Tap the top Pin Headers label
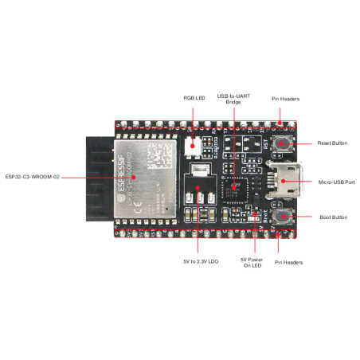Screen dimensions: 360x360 [285, 99]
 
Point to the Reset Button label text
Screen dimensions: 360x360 [332, 143]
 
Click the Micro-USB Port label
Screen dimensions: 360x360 [336, 182]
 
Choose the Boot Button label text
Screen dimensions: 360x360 [334, 217]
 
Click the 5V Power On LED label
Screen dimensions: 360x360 [252, 263]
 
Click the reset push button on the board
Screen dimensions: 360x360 [281, 143]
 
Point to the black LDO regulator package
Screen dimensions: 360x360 [197, 194]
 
